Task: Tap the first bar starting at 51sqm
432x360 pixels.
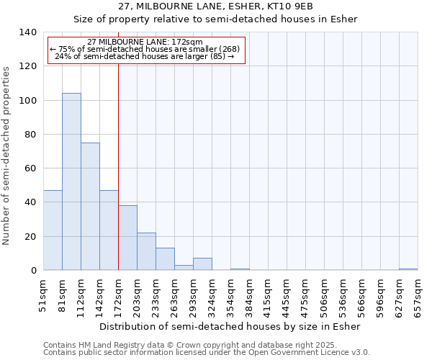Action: point(53,230)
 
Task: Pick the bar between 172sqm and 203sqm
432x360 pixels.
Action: point(127,238)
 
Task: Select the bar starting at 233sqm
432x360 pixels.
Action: point(165,259)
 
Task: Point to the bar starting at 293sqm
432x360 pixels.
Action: point(202,264)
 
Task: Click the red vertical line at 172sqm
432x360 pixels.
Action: point(118,144)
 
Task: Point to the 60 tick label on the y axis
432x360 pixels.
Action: point(30,168)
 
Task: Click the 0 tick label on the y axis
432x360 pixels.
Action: point(33,271)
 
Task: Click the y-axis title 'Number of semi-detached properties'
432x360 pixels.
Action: point(7,156)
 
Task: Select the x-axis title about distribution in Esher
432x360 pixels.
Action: point(230,326)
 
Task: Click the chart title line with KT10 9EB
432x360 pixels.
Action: point(216,6)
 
